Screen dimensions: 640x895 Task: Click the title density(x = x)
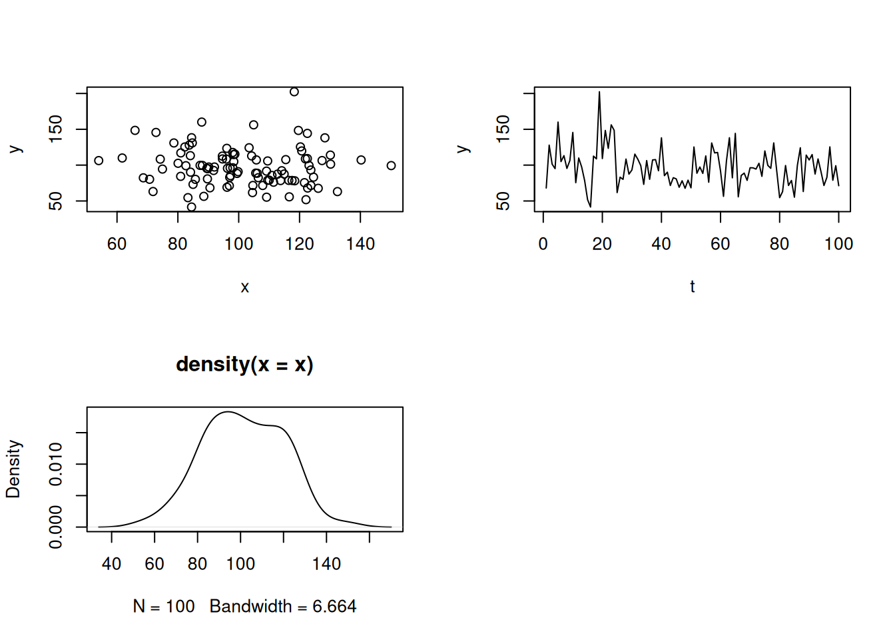[244, 364]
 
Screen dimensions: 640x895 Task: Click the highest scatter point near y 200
[294, 92]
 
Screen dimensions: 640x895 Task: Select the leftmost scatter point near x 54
[99, 161]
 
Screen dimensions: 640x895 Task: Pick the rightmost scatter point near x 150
[391, 165]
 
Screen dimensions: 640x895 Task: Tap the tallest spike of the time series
[599, 92]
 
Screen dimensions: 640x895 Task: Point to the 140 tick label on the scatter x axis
[360, 244]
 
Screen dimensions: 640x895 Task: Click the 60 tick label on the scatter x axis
[117, 244]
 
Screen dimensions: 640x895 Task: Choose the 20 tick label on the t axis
[602, 244]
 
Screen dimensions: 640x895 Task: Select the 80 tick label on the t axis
[779, 244]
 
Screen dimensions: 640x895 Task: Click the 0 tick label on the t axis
[543, 244]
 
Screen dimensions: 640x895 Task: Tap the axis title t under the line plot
[693, 287]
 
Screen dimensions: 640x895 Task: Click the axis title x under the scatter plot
[244, 287]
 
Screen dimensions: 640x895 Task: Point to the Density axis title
[13, 469]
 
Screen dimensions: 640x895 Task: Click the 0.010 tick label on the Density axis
[56, 464]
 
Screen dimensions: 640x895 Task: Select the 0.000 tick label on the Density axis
[56, 527]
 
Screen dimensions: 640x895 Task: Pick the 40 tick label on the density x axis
[111, 564]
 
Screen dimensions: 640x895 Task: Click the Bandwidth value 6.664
[334, 606]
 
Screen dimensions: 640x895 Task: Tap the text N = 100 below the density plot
[164, 606]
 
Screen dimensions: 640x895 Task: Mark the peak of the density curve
[228, 412]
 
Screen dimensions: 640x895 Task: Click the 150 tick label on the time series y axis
[503, 129]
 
